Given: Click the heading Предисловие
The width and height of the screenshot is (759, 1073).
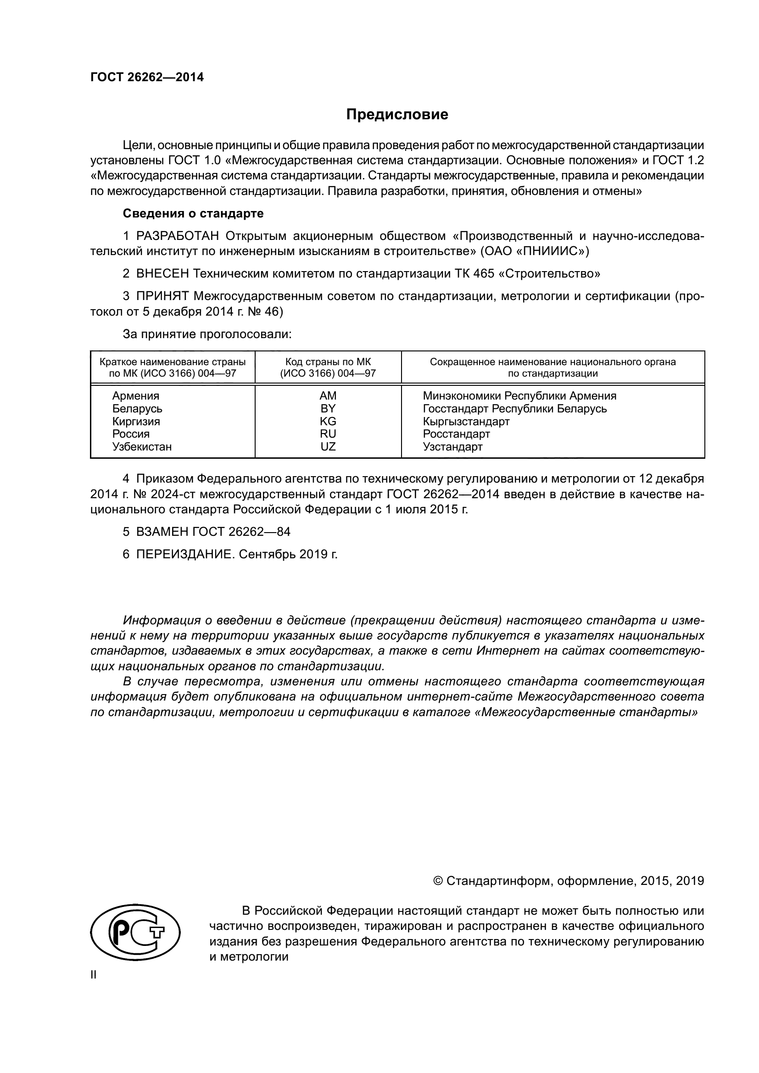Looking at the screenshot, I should (397, 115).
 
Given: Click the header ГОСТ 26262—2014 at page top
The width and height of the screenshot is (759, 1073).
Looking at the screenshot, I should (147, 77).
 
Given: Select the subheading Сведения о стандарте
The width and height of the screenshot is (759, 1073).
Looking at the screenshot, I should (193, 214).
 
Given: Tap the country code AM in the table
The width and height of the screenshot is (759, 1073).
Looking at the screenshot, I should (328, 396).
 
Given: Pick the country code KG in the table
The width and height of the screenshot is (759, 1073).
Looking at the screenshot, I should (328, 421).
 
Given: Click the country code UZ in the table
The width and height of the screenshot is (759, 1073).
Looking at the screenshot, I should (328, 446).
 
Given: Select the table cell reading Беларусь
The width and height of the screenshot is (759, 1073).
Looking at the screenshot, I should (137, 408).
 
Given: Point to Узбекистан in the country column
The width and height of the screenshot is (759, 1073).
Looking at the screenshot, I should (142, 446).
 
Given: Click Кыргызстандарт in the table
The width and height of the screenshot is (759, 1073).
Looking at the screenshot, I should (466, 421).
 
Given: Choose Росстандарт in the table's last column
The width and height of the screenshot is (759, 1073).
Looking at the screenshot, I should (456, 434).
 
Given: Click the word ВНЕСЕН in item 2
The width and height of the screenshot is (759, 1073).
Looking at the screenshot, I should (162, 273).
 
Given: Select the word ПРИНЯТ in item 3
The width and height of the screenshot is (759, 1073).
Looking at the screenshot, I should (162, 296).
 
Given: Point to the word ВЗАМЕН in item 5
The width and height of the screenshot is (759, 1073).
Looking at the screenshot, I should (162, 531).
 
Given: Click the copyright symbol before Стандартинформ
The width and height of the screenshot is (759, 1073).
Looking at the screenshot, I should (438, 880).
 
